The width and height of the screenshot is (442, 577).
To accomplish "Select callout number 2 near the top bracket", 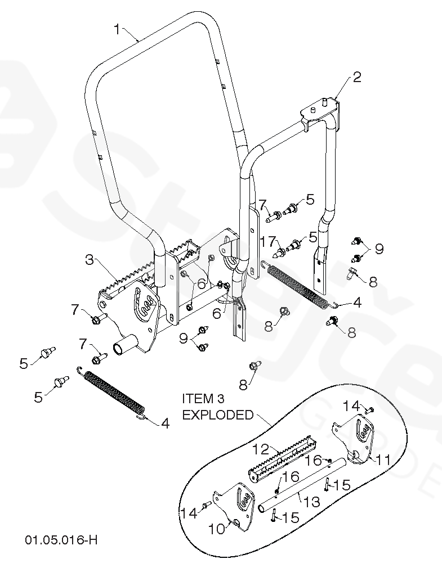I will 357,77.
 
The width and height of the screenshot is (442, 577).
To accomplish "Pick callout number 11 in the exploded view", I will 383,459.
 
